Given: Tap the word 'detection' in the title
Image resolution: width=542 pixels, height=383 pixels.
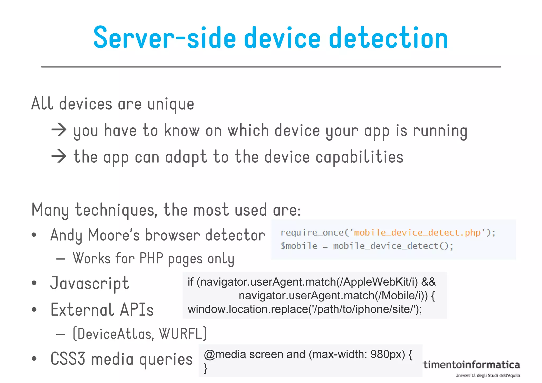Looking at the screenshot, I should pos(388,38).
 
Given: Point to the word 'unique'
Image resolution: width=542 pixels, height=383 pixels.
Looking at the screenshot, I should pos(171,104).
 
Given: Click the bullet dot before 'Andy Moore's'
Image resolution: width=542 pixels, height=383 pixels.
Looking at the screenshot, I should pos(34,235).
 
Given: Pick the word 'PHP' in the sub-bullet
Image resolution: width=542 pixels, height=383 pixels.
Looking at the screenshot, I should pos(151,258).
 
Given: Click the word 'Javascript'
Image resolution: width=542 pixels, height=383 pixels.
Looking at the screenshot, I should pos(90,283).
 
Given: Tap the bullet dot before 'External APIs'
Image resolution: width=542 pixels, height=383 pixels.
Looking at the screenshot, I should pos(34,309).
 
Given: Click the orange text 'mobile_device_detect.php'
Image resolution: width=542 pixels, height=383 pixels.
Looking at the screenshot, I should pos(417,232).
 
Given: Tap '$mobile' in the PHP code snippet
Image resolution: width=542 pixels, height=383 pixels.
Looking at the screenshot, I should pos(299,246).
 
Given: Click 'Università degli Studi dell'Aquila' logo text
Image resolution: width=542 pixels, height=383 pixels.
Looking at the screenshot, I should pos(487,375).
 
